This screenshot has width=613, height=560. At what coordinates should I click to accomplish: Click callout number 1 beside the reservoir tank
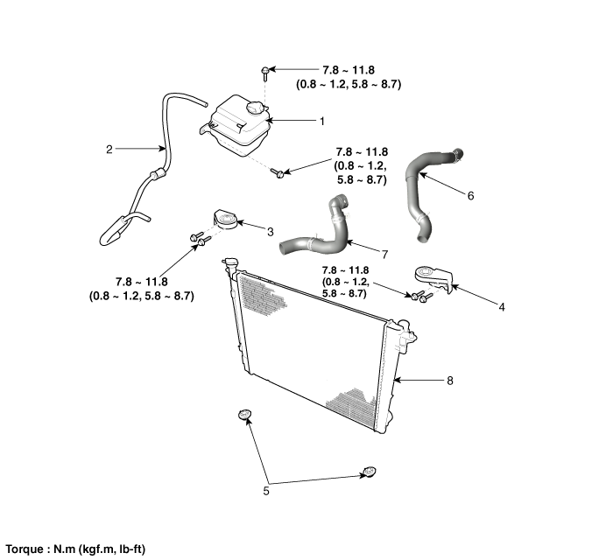[298, 120]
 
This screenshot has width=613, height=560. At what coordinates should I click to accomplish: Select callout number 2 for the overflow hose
[109, 149]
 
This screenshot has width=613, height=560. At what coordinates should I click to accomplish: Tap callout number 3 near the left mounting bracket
[270, 232]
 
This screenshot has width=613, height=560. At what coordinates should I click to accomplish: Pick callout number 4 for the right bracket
[501, 307]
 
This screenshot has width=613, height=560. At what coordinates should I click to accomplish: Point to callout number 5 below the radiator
[266, 491]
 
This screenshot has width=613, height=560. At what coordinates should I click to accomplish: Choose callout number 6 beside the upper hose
[470, 196]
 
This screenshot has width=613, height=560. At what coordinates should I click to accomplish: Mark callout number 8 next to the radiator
[449, 381]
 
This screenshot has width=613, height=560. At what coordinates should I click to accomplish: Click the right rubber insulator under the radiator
[369, 473]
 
